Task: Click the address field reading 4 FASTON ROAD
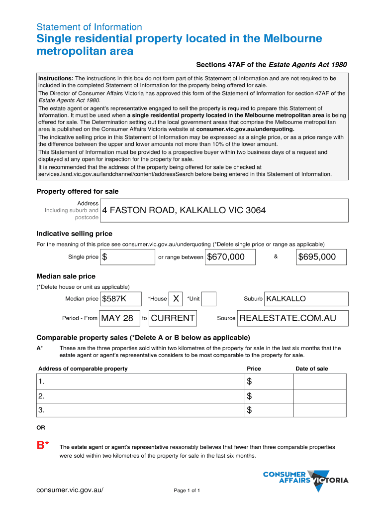[224, 210]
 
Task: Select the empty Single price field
[128, 257]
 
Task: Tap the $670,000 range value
[230, 257]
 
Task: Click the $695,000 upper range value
[322, 257]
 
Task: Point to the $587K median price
[120, 299]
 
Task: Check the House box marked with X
[176, 299]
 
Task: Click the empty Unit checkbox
[209, 299]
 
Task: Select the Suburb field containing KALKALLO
[306, 299]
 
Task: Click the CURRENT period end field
[173, 318]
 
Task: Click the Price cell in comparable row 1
[269, 382]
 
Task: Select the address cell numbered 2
[139, 396]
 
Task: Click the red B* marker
[43, 445]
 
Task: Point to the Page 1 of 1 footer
[187, 491]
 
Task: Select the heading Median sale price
[66, 276]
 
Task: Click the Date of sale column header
[312, 369]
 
